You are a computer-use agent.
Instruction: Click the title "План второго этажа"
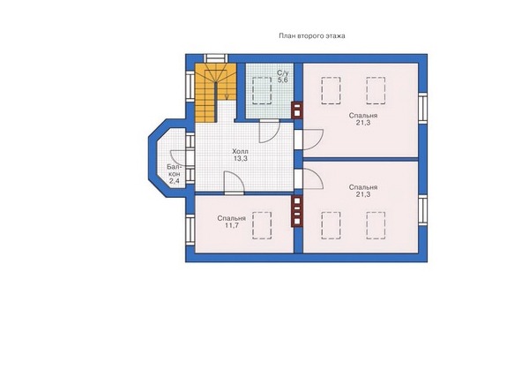tap(312, 36)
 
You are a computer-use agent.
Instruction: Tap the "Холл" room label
tap(240, 151)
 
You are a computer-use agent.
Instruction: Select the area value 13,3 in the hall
tap(240, 158)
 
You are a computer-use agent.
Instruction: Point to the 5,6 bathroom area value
tap(282, 80)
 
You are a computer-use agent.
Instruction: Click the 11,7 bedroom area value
tap(232, 225)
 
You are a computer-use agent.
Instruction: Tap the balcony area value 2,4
tap(175, 181)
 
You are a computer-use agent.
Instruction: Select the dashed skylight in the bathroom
tap(262, 91)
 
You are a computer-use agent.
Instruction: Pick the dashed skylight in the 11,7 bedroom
tap(262, 225)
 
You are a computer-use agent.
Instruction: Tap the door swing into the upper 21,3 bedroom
tap(313, 140)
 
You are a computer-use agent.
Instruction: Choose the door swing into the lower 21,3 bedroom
tap(313, 178)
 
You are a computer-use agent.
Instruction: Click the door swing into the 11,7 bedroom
tap(235, 183)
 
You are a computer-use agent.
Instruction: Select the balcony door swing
tap(178, 158)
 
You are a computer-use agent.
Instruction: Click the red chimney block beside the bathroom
tap(297, 110)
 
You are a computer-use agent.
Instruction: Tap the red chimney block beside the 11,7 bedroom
tap(297, 211)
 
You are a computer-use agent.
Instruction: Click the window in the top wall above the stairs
tap(215, 58)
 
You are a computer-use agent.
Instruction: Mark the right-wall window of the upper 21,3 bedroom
tap(422, 107)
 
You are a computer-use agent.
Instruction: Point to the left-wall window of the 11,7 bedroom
tap(190, 230)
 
